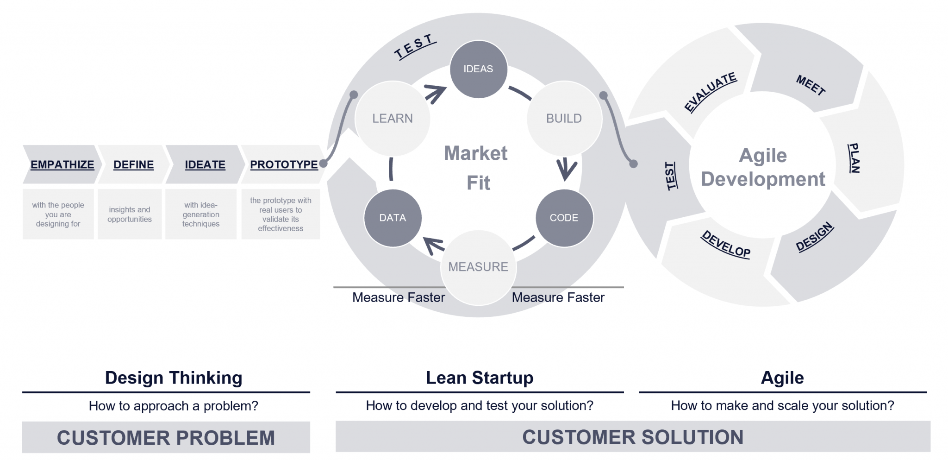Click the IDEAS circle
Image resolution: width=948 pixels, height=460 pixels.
(479, 69)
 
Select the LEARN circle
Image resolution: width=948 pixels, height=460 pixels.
(393, 119)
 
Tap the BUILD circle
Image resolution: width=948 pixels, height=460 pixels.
(564, 119)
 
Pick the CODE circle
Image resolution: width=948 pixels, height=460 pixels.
(564, 218)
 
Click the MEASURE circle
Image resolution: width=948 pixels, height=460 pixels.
(478, 267)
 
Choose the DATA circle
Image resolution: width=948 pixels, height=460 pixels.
(393, 218)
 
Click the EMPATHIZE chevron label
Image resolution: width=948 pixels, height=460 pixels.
(62, 165)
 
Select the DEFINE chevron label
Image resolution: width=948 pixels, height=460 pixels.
(133, 165)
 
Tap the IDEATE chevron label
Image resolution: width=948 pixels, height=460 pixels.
(205, 165)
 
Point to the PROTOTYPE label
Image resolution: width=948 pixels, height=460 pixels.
(284, 165)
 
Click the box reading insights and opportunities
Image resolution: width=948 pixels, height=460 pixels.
(130, 214)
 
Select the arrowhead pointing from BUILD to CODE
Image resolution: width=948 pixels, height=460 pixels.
(566, 170)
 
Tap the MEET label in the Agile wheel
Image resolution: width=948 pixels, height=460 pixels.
(811, 85)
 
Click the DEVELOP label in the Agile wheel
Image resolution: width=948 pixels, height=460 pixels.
(725, 244)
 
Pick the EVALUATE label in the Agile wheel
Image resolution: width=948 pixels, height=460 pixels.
(711, 92)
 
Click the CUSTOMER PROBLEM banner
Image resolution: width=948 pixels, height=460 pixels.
(166, 437)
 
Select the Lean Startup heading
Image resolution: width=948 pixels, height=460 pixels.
(480, 378)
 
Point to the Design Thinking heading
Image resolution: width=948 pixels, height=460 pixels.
(174, 378)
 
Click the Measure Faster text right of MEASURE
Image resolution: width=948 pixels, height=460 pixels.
(558, 297)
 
